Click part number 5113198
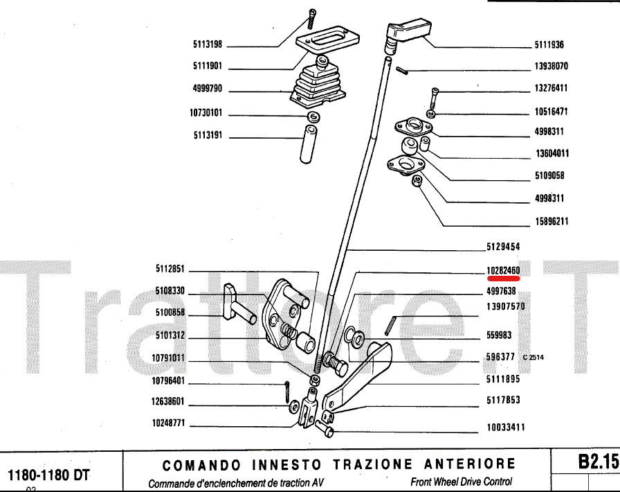coord(208,44)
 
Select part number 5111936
coord(549,45)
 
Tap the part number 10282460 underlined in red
coord(503,270)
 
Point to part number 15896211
coord(552,221)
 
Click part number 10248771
coord(168,423)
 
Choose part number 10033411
coord(506,427)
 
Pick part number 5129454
coord(503,247)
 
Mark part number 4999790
coord(208,88)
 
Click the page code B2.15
coord(597,461)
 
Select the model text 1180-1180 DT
coord(48,475)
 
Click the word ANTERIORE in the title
coord(470,464)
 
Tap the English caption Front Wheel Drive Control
coord(461,482)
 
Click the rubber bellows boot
coord(318,85)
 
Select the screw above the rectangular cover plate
coord(311,19)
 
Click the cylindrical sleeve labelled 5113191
coord(308,144)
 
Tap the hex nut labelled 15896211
coord(417,181)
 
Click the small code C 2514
coord(533,358)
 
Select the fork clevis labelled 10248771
coord(309,408)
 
